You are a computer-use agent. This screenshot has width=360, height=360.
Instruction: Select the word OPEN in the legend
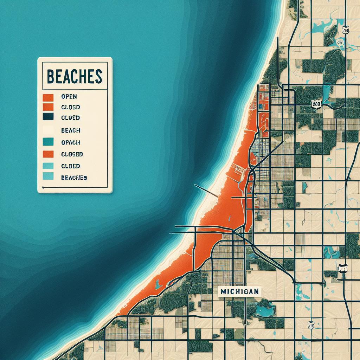[69, 96]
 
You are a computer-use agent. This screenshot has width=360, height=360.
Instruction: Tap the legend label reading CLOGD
[70, 107]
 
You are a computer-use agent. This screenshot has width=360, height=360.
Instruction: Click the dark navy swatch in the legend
[47, 117]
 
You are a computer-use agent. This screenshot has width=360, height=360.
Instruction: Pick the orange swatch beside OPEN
[47, 96]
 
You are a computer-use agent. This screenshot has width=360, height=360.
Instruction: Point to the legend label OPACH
[70, 142]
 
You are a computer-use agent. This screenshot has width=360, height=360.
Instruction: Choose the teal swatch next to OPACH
[47, 142]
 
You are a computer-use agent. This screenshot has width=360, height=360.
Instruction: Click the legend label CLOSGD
[72, 154]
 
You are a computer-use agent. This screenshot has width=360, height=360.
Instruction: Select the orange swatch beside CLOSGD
[47, 154]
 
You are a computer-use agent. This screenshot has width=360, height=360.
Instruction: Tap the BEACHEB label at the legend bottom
[74, 178]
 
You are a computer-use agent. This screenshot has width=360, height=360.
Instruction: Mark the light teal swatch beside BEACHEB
[47, 177]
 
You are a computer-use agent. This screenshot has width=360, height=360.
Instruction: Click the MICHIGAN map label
[240, 291]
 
